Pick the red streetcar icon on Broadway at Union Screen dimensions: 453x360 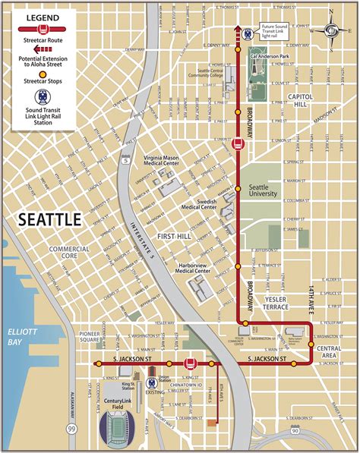tap(238, 143)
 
